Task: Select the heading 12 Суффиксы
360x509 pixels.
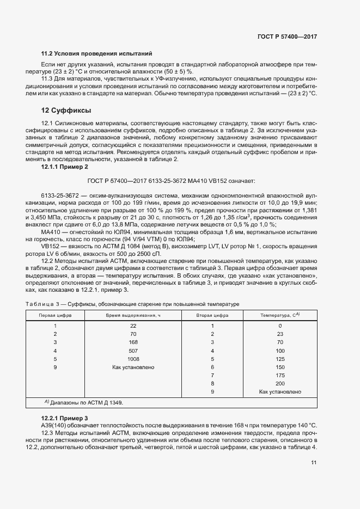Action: tap(66, 111)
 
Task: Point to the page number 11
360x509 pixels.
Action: tap(314, 463)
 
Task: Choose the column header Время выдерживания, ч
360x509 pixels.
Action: tap(133, 315)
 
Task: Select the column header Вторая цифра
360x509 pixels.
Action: tap(212, 315)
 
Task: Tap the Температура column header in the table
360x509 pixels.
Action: tap(280, 315)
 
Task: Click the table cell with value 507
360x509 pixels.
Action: tap(133, 351)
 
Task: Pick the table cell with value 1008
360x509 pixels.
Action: tap(133, 359)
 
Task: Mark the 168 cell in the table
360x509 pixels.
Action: tap(133, 342)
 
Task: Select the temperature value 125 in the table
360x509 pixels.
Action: tap(280, 359)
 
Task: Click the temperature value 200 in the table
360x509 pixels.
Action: tap(280, 384)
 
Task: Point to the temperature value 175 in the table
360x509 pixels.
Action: tap(280, 376)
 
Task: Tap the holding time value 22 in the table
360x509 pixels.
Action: tap(133, 326)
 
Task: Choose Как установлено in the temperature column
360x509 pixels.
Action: tap(280, 392)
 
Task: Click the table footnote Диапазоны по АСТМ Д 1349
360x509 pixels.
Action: tap(84, 403)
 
